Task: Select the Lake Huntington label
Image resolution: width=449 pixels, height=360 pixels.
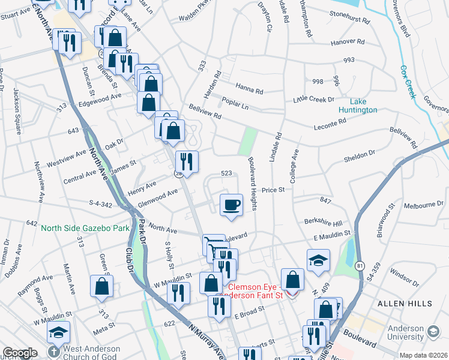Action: pyautogui.click(x=356, y=106)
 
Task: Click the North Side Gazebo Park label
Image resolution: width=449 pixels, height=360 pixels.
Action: pyautogui.click(x=77, y=228)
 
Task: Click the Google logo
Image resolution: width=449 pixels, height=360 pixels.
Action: pyautogui.click(x=20, y=353)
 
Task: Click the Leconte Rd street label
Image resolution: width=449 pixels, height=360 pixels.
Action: pyautogui.click(x=331, y=123)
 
